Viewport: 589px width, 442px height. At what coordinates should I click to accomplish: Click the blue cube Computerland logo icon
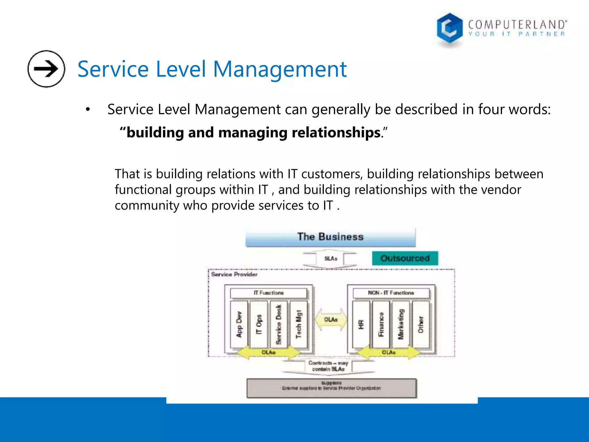tap(449, 29)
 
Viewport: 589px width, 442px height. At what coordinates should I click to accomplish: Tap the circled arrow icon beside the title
tap(46, 69)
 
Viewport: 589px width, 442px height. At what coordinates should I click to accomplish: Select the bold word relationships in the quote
tap(336, 133)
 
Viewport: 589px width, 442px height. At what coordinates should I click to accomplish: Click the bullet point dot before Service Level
tap(88, 110)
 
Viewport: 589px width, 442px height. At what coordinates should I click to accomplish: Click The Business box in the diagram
tap(330, 237)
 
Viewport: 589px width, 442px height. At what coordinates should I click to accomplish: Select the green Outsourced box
tap(405, 258)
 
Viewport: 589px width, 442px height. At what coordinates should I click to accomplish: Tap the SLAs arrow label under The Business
tap(330, 258)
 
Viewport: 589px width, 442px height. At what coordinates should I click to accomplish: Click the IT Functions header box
tap(268, 293)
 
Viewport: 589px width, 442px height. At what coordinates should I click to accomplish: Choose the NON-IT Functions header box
tap(391, 293)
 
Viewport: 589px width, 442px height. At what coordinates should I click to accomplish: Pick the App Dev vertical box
tap(239, 324)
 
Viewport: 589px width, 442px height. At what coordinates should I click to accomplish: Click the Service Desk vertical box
tap(279, 324)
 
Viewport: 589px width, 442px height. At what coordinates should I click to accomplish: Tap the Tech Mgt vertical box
tap(299, 324)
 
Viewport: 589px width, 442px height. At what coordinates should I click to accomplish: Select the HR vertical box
tap(361, 324)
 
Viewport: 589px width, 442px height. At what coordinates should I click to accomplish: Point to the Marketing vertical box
tap(401, 324)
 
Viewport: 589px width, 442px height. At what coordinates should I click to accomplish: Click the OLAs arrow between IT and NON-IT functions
tap(330, 320)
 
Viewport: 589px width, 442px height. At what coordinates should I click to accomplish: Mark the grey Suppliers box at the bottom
tap(331, 388)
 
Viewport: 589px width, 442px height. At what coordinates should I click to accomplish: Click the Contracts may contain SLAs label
tap(328, 366)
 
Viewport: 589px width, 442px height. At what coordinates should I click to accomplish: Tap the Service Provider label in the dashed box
tap(234, 275)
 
